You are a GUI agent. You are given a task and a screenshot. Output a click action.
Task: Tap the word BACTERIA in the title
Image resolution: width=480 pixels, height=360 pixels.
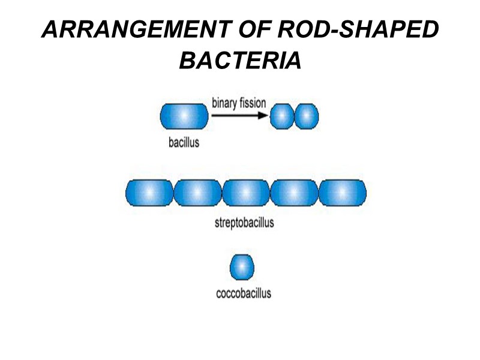[x=240, y=59]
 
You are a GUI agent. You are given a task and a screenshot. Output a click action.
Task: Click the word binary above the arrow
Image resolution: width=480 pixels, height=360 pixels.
[x=224, y=103]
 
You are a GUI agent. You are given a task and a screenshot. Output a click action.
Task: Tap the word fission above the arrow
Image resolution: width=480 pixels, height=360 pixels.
[x=253, y=103]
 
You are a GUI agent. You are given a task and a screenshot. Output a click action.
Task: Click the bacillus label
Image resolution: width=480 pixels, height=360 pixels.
[x=184, y=143]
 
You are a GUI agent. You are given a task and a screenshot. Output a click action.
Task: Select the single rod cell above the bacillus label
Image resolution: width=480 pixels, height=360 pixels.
[x=185, y=116]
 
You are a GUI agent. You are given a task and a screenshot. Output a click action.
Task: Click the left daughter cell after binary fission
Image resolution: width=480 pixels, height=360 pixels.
[x=281, y=116]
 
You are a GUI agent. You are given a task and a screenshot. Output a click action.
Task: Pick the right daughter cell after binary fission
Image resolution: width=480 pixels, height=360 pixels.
[x=307, y=116]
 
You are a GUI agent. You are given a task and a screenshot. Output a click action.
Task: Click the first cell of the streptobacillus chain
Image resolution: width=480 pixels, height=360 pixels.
[x=149, y=193]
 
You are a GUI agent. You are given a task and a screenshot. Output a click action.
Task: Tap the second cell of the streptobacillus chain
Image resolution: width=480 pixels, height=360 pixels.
[x=197, y=193]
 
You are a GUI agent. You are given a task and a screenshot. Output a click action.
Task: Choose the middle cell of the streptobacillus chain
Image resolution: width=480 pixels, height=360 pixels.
[x=246, y=193]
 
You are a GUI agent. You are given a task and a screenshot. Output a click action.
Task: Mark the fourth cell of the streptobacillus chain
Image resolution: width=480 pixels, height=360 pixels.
[x=294, y=193]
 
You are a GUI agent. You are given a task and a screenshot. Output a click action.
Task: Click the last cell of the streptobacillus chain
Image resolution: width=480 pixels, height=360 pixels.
[x=342, y=193]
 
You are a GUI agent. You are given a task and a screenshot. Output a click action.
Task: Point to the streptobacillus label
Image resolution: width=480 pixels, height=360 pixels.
[x=244, y=223]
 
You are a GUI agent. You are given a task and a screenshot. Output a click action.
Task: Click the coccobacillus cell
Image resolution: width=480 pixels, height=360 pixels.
[x=242, y=266]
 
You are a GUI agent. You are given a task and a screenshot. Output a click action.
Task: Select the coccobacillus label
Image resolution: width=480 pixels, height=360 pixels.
[x=243, y=293]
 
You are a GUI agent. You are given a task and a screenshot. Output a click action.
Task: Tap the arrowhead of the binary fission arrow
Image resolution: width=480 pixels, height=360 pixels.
[x=263, y=116]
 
